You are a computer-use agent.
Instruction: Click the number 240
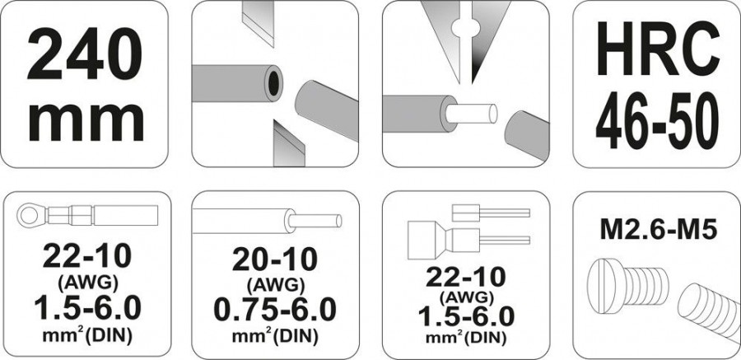pos(85,54)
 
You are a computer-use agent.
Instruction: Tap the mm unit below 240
pos(86,122)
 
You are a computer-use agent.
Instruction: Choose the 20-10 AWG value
pos(274,259)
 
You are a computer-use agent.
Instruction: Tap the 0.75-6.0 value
pos(275,310)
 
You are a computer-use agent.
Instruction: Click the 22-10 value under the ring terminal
pos(87,257)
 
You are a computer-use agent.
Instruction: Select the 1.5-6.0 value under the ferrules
pos(465,317)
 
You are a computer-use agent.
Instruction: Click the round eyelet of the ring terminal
pos(27,216)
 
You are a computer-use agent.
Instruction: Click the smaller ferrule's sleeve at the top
pos(466,213)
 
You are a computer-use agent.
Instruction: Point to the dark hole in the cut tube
pos(273,82)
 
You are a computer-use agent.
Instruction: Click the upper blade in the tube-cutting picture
pos(258,24)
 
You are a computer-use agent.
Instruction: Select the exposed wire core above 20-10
pos(315,222)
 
